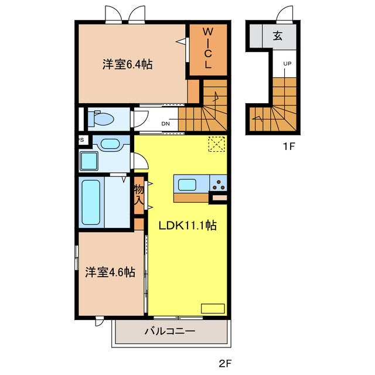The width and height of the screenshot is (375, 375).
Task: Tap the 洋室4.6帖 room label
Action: (110, 272)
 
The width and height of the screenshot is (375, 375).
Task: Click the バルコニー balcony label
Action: (170, 332)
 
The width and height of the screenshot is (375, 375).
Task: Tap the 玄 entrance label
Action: (277, 36)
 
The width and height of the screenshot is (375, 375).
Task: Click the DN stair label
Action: (166, 124)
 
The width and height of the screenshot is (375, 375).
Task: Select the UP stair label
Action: (288, 63)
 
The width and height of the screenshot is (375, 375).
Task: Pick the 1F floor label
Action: (287, 146)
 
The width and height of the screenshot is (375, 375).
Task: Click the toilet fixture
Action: (101, 120)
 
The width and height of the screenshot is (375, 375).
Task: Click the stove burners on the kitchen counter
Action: (218, 185)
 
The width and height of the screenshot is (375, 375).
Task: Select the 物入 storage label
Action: (139, 195)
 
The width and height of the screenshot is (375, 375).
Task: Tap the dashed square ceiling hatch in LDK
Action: (216, 144)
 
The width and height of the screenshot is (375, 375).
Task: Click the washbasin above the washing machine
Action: (108, 143)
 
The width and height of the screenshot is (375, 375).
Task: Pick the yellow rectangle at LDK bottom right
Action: (212, 308)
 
